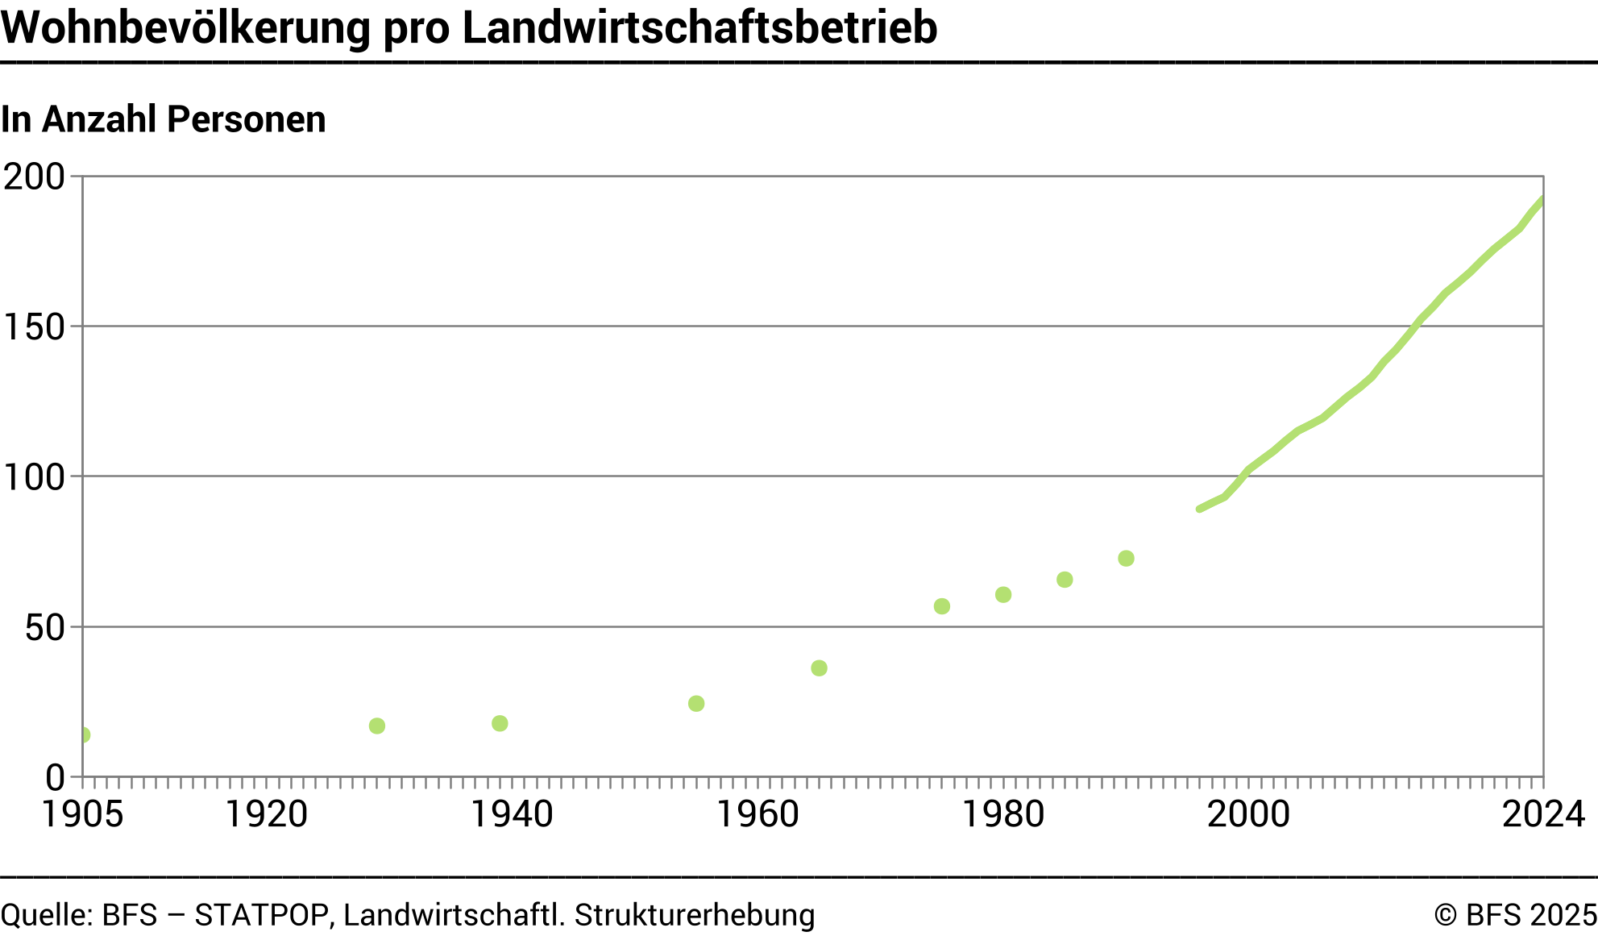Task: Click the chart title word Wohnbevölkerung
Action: pos(186,28)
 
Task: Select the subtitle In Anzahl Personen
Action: pos(164,119)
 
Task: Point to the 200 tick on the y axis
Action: pos(34,177)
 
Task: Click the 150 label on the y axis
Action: pos(34,327)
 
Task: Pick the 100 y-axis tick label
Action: pos(34,477)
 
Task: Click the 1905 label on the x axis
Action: pos(82,814)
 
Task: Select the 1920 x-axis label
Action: pos(266,814)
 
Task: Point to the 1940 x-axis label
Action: pos(512,814)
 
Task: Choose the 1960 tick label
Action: pos(757,814)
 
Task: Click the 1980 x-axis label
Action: pos(1003,814)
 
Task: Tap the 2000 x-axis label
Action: pos(1248,814)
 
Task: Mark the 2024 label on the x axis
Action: pos(1543,814)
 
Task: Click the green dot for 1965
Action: pos(819,668)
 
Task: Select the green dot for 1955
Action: pos(696,704)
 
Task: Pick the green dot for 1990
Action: pos(1126,559)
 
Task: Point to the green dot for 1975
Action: pos(942,606)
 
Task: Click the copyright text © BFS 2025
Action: pos(1515,915)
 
